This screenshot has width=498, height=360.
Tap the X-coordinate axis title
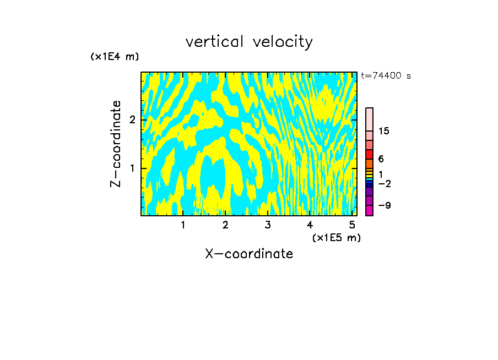249,254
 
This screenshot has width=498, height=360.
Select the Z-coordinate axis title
116,144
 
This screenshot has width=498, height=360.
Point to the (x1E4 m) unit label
115,57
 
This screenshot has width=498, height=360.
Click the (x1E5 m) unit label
336,237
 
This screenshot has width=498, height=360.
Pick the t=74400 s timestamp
386,76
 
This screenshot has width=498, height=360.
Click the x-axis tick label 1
183,225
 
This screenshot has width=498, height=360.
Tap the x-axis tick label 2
225,225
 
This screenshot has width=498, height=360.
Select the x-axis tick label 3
268,225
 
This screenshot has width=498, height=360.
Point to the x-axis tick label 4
310,225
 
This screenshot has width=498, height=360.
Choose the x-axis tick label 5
352,225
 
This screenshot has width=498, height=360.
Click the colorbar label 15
384,131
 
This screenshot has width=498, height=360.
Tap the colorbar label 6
381,159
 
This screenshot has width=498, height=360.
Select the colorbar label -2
385,183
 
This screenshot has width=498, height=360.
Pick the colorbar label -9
385,205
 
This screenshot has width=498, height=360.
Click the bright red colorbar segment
369,155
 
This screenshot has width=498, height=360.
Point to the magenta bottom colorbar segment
369,210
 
